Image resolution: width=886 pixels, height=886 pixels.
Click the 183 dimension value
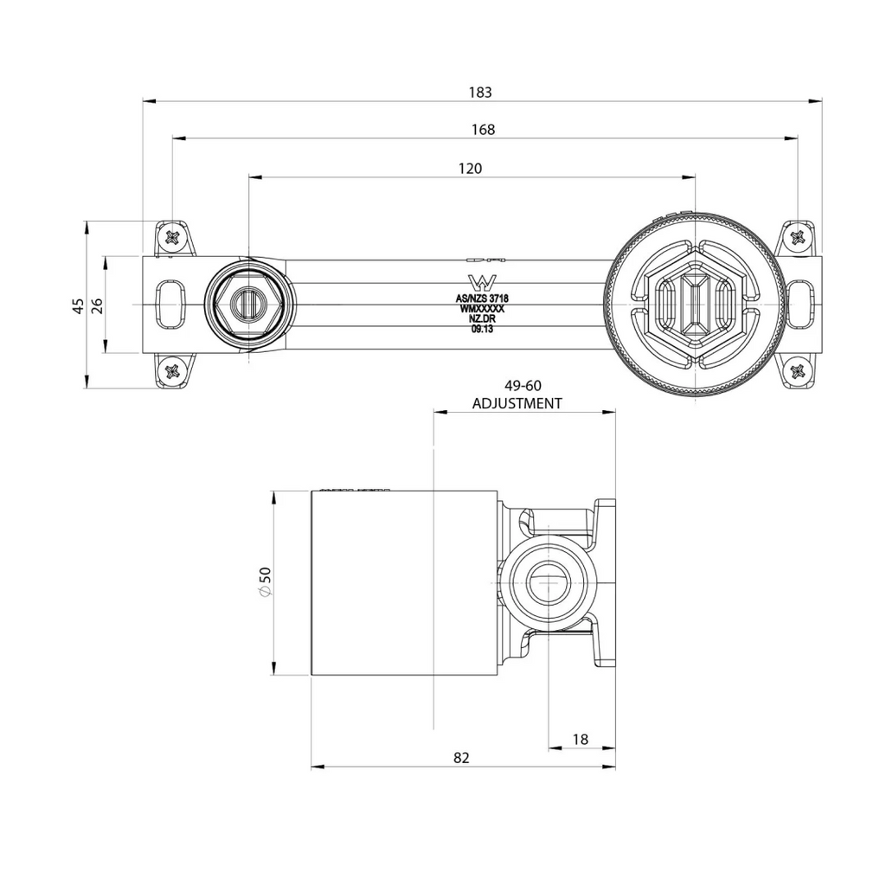point(480,92)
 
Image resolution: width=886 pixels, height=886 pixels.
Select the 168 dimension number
point(483,130)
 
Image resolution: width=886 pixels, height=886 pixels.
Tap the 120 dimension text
point(470,169)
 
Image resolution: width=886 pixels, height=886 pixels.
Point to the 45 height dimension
point(79,305)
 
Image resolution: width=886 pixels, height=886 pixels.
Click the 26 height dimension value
point(97,305)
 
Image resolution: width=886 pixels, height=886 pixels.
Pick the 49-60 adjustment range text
point(523,386)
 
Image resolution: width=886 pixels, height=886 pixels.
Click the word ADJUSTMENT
point(517,403)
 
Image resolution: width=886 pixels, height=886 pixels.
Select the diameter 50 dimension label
point(265,581)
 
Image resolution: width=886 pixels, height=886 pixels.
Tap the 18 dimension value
point(581,739)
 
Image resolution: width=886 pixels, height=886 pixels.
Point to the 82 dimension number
point(462,758)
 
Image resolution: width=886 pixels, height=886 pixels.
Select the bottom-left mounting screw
point(173,371)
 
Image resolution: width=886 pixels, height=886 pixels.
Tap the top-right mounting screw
point(798,236)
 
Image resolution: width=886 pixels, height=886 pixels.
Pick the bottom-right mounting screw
point(798,371)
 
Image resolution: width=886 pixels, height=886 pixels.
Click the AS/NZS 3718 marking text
point(482,299)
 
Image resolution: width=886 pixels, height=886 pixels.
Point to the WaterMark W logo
point(482,284)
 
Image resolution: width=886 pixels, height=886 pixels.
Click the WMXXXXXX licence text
point(482,309)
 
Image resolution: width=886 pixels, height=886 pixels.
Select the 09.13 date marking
point(482,330)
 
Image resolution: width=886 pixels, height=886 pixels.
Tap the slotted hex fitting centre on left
point(248,305)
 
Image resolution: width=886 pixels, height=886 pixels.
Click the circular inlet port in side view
point(549,582)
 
